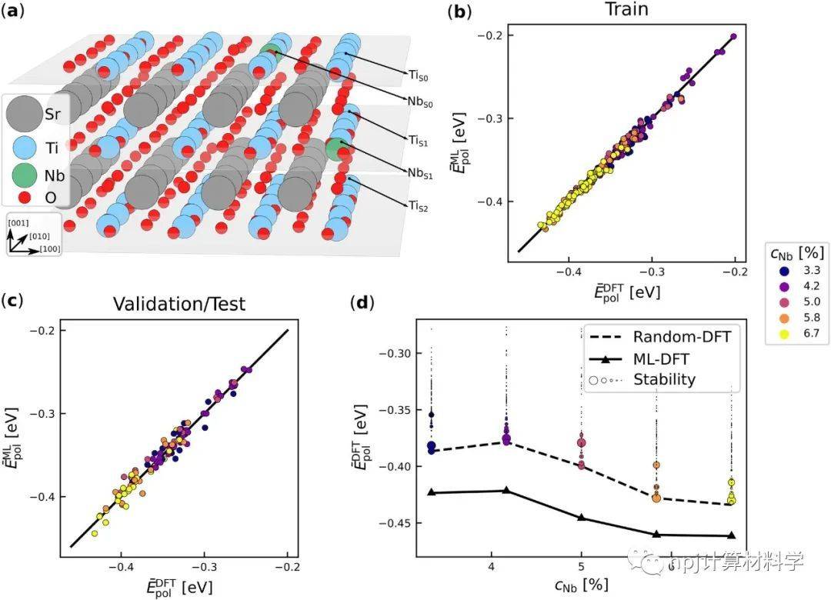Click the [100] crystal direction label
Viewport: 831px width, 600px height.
click(50, 248)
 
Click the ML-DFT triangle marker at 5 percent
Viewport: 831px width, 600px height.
click(582, 518)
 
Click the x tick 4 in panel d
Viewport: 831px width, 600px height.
click(491, 568)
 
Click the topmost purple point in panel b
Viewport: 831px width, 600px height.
click(733, 36)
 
